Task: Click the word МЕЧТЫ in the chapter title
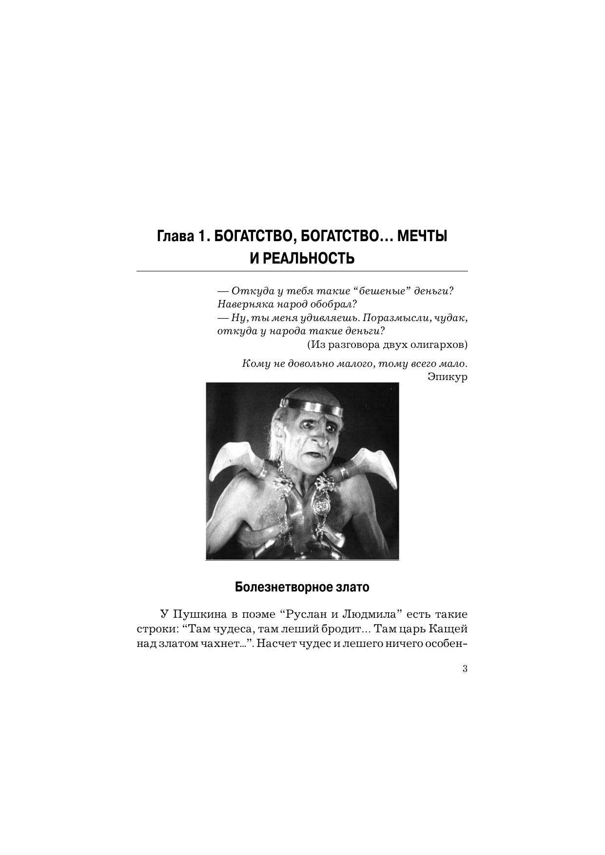[x=422, y=237]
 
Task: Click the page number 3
[x=465, y=668]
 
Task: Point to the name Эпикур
[x=447, y=377]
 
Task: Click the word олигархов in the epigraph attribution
[x=438, y=344]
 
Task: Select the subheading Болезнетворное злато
[x=302, y=587]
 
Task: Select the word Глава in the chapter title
[x=174, y=237]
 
